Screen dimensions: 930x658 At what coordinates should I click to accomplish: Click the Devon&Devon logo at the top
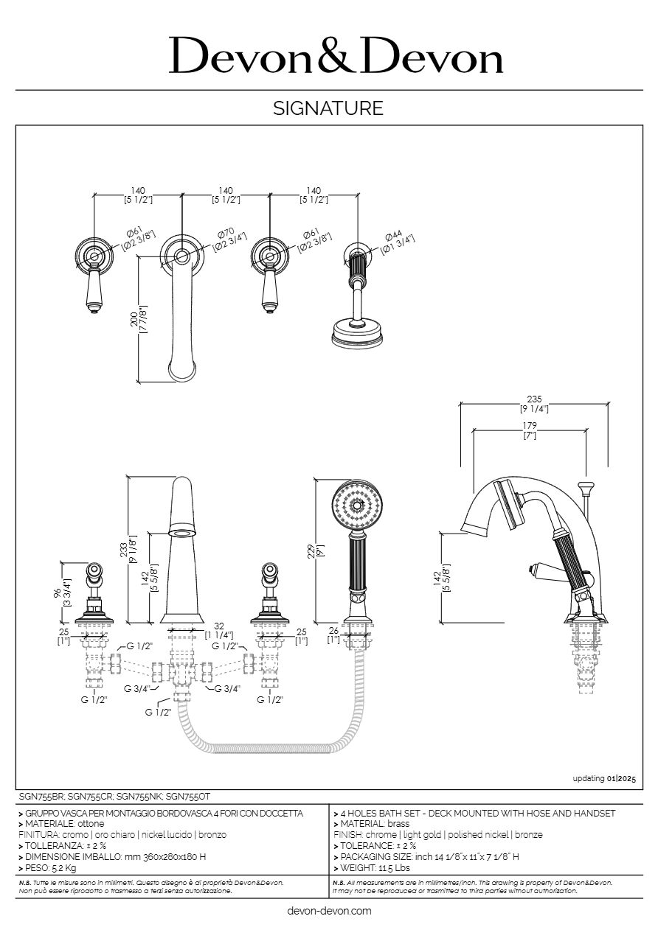click(336, 56)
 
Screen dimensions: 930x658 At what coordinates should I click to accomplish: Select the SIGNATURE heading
click(328, 109)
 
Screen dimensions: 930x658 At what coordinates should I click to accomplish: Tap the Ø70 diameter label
click(224, 234)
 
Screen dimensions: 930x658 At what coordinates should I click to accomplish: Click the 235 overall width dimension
click(535, 398)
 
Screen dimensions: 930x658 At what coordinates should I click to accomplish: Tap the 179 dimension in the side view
click(529, 425)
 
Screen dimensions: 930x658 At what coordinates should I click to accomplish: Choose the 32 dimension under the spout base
click(218, 625)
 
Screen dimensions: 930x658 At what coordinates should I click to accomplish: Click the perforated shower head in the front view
click(358, 506)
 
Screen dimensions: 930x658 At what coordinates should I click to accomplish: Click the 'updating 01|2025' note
click(603, 778)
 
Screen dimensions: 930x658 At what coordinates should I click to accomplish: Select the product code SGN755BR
click(41, 797)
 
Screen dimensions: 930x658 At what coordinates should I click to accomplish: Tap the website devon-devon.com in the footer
click(328, 911)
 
